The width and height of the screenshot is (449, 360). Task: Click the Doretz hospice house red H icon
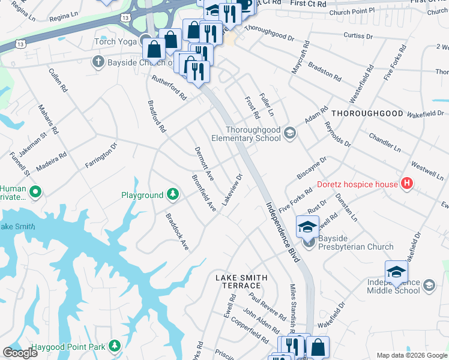pos(408,184)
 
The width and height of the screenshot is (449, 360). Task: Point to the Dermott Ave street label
pos(205,163)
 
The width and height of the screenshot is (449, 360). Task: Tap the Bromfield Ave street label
pos(204,193)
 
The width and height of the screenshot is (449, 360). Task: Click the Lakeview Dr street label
pos(232,190)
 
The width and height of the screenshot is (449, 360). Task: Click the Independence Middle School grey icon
pos(429,285)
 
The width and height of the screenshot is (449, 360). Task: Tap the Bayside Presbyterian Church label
pos(355,247)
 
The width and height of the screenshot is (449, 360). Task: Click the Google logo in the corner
pos(20,353)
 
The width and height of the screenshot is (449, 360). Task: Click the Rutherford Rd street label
pos(169,87)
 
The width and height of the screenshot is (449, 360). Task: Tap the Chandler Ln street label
pos(385,142)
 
